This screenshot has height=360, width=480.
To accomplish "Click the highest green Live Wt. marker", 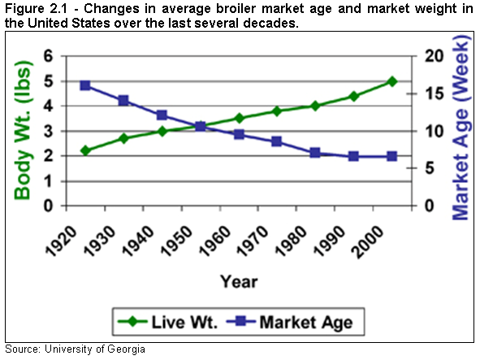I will click(x=391, y=81).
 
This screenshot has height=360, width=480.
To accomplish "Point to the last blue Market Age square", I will click(x=391, y=156).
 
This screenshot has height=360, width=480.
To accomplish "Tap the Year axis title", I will click(x=238, y=281).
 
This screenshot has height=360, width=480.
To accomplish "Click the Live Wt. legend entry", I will click(x=178, y=321).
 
